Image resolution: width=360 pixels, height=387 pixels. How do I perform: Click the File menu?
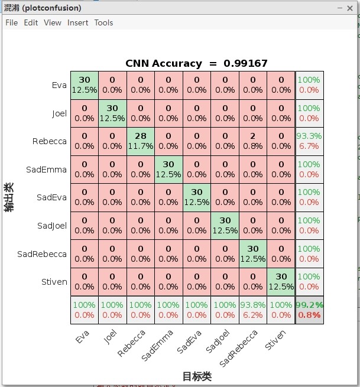coord(11,22)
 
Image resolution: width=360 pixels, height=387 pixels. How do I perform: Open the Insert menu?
coord(77,22)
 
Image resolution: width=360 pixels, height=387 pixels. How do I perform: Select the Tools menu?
coord(103,22)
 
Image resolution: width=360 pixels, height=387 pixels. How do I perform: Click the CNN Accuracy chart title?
coord(196,63)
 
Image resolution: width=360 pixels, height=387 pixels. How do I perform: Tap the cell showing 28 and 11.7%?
coord(140,141)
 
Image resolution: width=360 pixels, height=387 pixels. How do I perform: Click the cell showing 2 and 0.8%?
coord(253,141)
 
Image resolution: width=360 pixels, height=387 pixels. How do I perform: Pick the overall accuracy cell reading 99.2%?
coord(309,310)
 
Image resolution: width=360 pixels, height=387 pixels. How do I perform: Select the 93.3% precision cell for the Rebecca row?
coord(309,141)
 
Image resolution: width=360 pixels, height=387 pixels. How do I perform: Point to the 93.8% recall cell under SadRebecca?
coord(253,310)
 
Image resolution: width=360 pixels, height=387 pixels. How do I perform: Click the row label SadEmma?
coord(46,170)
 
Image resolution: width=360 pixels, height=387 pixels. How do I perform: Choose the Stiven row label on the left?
coord(54,282)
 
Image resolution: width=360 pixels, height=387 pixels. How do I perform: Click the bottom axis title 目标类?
coord(196,376)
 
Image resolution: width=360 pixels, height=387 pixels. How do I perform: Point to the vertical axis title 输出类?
coord(9,197)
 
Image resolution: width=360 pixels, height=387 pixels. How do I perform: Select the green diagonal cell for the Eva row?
coord(84,85)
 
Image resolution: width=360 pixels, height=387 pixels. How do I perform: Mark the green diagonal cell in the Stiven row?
coord(281,282)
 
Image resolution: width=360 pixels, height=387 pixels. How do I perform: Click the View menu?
coord(53,22)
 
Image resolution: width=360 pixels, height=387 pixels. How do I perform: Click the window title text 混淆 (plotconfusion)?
coord(43,8)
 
